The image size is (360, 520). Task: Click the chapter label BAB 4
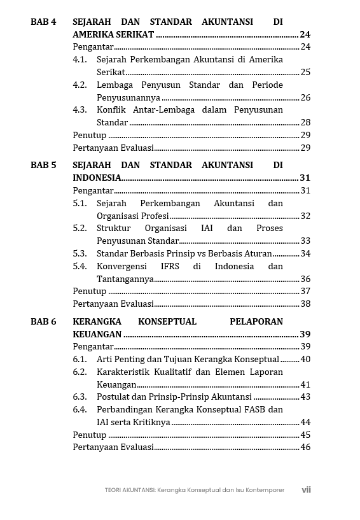(x=43, y=22)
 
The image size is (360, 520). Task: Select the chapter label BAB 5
(x=43, y=165)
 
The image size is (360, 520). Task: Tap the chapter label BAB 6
(x=43, y=321)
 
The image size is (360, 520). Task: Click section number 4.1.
(x=80, y=59)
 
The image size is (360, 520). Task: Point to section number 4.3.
(x=80, y=109)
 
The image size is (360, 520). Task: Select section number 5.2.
(x=80, y=228)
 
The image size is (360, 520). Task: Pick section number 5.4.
(x=80, y=266)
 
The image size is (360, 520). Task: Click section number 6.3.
(x=80, y=397)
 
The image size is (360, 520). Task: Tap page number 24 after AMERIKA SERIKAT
(x=305, y=34)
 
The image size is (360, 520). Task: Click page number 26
(x=305, y=97)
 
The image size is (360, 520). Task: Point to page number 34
(x=305, y=253)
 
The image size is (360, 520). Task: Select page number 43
(x=305, y=397)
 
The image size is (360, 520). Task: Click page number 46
(x=305, y=447)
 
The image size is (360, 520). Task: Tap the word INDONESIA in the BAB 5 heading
(x=97, y=178)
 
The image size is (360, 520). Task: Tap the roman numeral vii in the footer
(x=306, y=490)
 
